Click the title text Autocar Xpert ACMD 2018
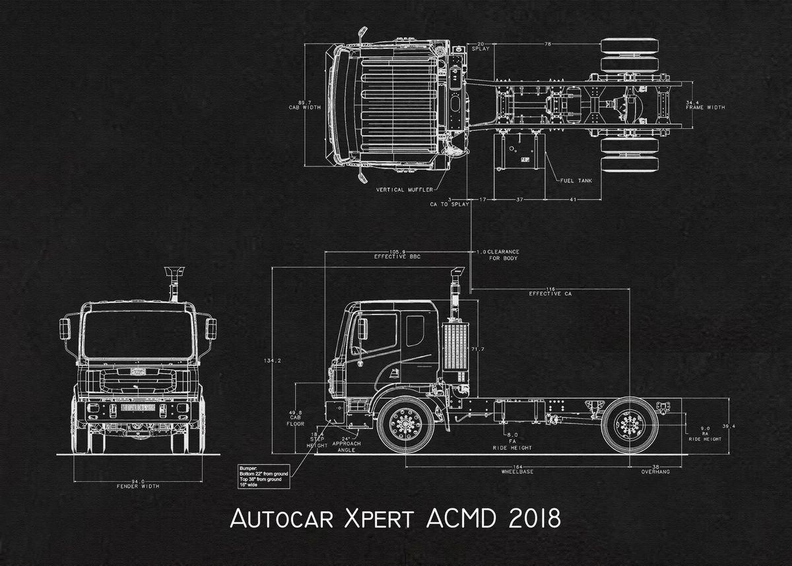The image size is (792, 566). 395,518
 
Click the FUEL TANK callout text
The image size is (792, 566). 576,180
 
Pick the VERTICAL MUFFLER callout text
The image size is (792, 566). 404,190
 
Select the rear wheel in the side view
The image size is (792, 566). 630,424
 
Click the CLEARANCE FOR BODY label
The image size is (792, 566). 503,255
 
